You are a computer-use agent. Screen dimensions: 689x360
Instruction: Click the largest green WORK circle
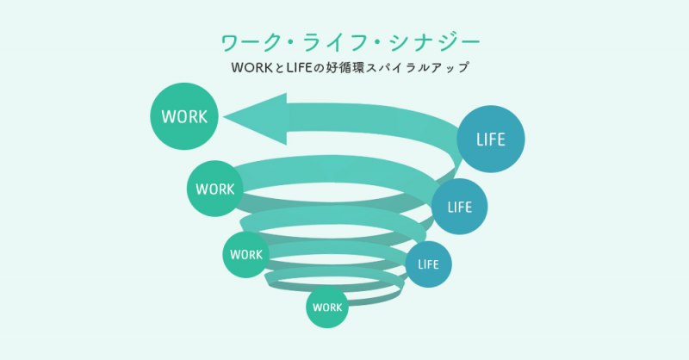[x=184, y=116]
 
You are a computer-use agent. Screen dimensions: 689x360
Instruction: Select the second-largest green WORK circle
[x=214, y=189]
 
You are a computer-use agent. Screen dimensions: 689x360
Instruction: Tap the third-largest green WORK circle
[x=245, y=255]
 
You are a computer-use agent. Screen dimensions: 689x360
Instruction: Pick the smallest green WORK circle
[x=327, y=307]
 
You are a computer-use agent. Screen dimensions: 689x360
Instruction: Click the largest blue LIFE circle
[x=490, y=139]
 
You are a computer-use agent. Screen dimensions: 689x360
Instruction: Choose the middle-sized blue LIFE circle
[x=459, y=207]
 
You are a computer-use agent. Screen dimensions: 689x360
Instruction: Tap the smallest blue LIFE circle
[x=428, y=264]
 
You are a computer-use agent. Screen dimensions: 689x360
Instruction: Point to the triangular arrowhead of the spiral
[x=255, y=119]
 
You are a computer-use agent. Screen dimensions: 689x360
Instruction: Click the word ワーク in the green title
[x=251, y=43]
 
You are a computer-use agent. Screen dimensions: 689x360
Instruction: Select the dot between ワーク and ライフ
[x=294, y=43]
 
